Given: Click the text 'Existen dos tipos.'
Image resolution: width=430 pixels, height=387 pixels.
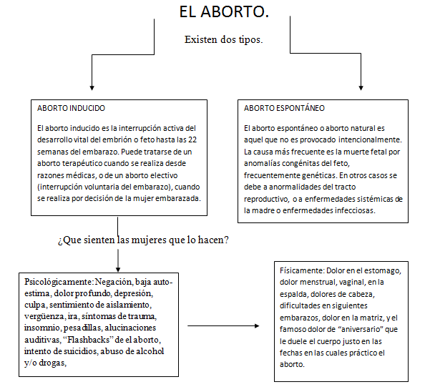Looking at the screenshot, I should [223, 39].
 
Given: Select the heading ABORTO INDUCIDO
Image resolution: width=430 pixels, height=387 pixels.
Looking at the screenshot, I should [69, 109].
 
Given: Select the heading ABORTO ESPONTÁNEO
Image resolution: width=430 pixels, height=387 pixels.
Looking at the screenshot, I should [284, 109].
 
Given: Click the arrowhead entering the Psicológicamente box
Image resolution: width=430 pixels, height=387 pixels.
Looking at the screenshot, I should [117, 264].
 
